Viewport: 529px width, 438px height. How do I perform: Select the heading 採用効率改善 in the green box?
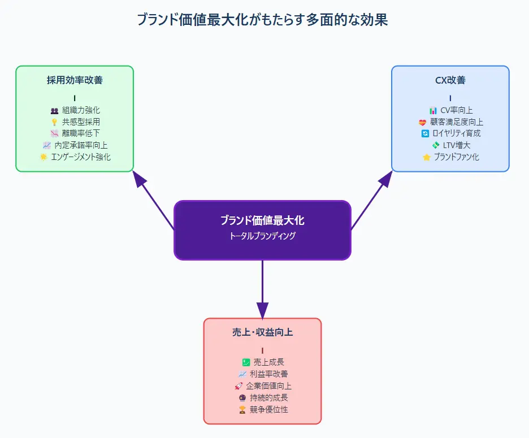tap(75, 80)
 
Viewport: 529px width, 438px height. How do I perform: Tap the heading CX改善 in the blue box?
tap(450, 80)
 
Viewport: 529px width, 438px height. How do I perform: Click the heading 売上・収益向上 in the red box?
tap(262, 332)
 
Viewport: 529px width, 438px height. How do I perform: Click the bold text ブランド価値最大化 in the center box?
tap(262, 220)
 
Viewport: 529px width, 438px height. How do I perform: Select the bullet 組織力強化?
tap(81, 110)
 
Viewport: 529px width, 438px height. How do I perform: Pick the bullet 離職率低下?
tap(81, 133)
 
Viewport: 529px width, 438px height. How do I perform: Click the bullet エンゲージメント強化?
tap(81, 157)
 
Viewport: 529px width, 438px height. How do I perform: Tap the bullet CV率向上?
tap(456, 110)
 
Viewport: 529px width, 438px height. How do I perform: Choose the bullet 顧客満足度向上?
tap(456, 122)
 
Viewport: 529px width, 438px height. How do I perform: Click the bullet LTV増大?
tap(456, 145)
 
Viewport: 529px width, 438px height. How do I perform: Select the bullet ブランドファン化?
tap(456, 157)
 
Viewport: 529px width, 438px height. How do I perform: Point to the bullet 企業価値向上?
tap(268, 386)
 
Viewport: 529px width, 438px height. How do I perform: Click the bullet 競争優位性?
tap(268, 409)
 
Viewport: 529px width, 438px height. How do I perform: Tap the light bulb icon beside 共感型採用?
tap(54, 122)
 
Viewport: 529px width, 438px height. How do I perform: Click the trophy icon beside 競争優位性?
tap(242, 409)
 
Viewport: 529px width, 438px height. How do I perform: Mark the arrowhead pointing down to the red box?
tap(262, 310)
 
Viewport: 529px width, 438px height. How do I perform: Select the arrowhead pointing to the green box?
tap(138, 180)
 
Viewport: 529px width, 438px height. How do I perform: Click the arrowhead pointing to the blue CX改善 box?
tap(386, 180)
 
